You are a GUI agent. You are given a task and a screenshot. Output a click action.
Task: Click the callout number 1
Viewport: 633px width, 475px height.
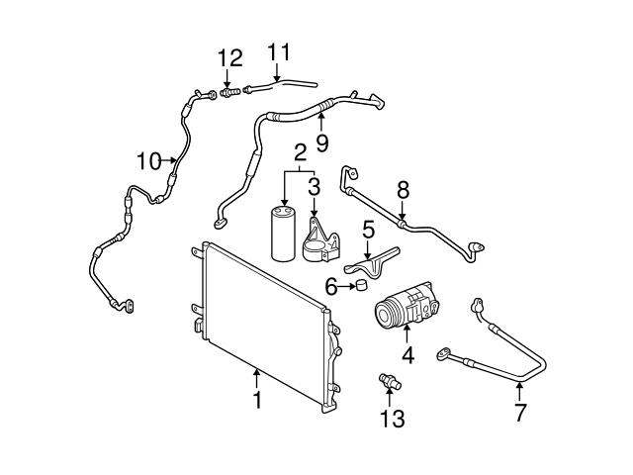256,401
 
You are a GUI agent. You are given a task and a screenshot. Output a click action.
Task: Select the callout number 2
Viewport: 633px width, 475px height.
299,153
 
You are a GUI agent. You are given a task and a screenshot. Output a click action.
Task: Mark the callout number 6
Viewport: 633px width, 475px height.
333,286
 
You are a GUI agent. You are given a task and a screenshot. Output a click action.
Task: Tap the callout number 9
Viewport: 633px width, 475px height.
321,142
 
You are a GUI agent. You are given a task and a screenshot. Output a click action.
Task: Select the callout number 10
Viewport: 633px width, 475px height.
148,160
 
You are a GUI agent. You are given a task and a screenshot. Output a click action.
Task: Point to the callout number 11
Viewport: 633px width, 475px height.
279,49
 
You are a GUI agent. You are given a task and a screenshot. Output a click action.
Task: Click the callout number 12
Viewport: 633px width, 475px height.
229,58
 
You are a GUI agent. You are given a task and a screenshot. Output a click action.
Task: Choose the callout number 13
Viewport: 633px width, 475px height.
394,420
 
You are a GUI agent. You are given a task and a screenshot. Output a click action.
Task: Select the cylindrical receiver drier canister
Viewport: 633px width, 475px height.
284,234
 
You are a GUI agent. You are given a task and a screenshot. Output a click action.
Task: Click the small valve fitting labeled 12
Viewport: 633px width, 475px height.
230,92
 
